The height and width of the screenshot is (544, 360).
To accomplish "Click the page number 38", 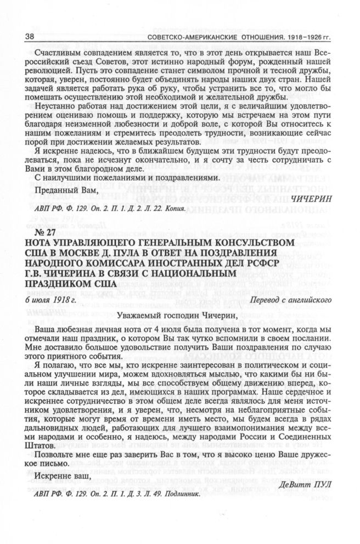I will click(25, 36).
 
